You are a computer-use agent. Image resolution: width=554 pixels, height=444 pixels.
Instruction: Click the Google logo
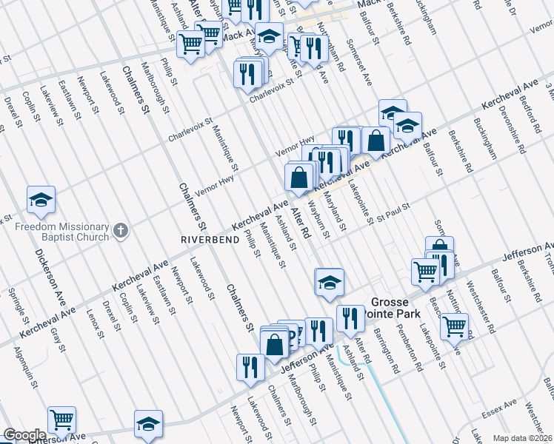pos(24,435)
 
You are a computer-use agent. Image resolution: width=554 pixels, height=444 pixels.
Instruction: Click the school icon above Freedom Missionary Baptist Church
pos(41,199)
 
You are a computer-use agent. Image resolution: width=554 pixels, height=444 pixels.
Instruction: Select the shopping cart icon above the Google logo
pos(62,420)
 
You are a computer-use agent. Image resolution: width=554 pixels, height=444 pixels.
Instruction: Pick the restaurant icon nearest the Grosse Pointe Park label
pos(350,318)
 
